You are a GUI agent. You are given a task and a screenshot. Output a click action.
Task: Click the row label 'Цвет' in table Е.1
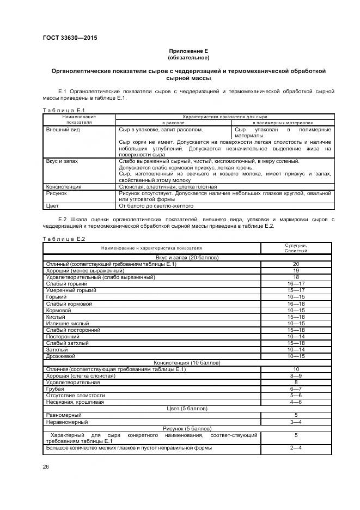[53, 206]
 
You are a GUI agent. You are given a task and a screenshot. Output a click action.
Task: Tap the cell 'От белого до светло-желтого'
[156, 206]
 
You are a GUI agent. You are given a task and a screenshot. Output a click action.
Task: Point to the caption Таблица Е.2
[64, 239]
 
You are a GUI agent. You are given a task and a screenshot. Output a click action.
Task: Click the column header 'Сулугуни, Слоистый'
[296, 248]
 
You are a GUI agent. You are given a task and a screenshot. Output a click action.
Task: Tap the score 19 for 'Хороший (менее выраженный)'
[296, 270]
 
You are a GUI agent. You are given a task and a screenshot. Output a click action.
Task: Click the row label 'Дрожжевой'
[61, 356]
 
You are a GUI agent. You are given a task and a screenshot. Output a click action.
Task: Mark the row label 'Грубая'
[55, 388]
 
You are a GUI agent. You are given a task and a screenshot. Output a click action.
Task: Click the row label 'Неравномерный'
[67, 422]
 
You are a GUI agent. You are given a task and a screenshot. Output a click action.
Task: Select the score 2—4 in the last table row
[296, 448]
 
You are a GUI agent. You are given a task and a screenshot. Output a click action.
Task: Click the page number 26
[46, 466]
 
